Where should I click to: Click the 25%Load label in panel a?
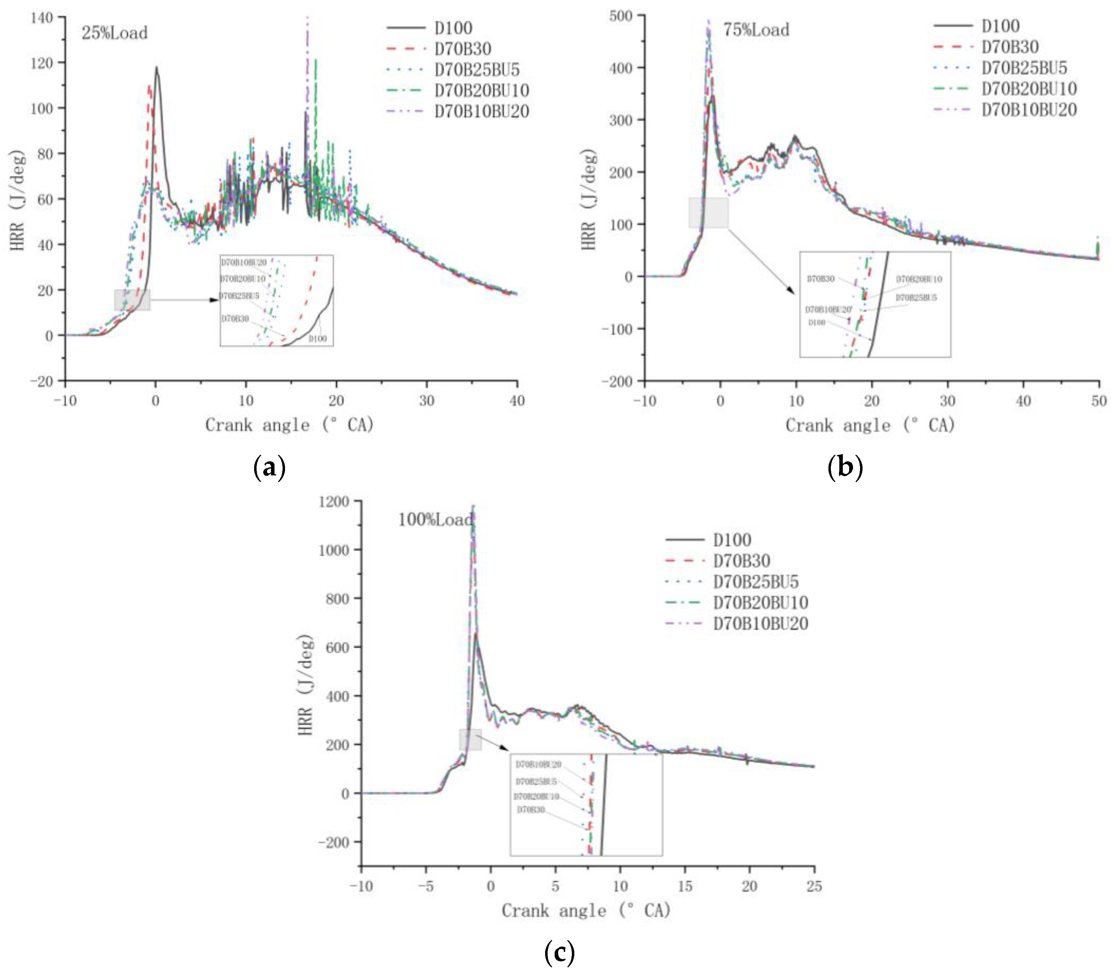[x=115, y=33]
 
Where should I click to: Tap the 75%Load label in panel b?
[x=756, y=30]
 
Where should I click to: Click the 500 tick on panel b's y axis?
[x=621, y=16]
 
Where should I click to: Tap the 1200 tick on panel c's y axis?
[x=333, y=501]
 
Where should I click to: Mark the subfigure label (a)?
[x=269, y=467]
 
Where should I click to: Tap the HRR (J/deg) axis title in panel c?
[x=305, y=685]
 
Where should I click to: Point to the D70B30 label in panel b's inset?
[x=820, y=279]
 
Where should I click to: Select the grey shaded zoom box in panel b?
[x=708, y=213]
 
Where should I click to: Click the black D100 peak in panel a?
[x=156, y=68]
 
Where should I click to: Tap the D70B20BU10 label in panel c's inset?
[x=536, y=796]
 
